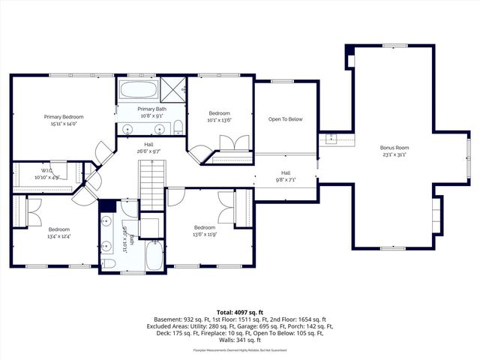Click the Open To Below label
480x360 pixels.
pyautogui.click(x=285, y=119)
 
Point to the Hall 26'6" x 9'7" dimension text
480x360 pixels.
pyautogui.click(x=149, y=151)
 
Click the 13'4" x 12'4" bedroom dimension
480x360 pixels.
pyautogui.click(x=59, y=237)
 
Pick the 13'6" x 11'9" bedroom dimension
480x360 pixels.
pyautogui.click(x=205, y=235)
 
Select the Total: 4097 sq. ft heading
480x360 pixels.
pyautogui.click(x=240, y=311)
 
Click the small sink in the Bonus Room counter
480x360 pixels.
pyautogui.click(x=332, y=139)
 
